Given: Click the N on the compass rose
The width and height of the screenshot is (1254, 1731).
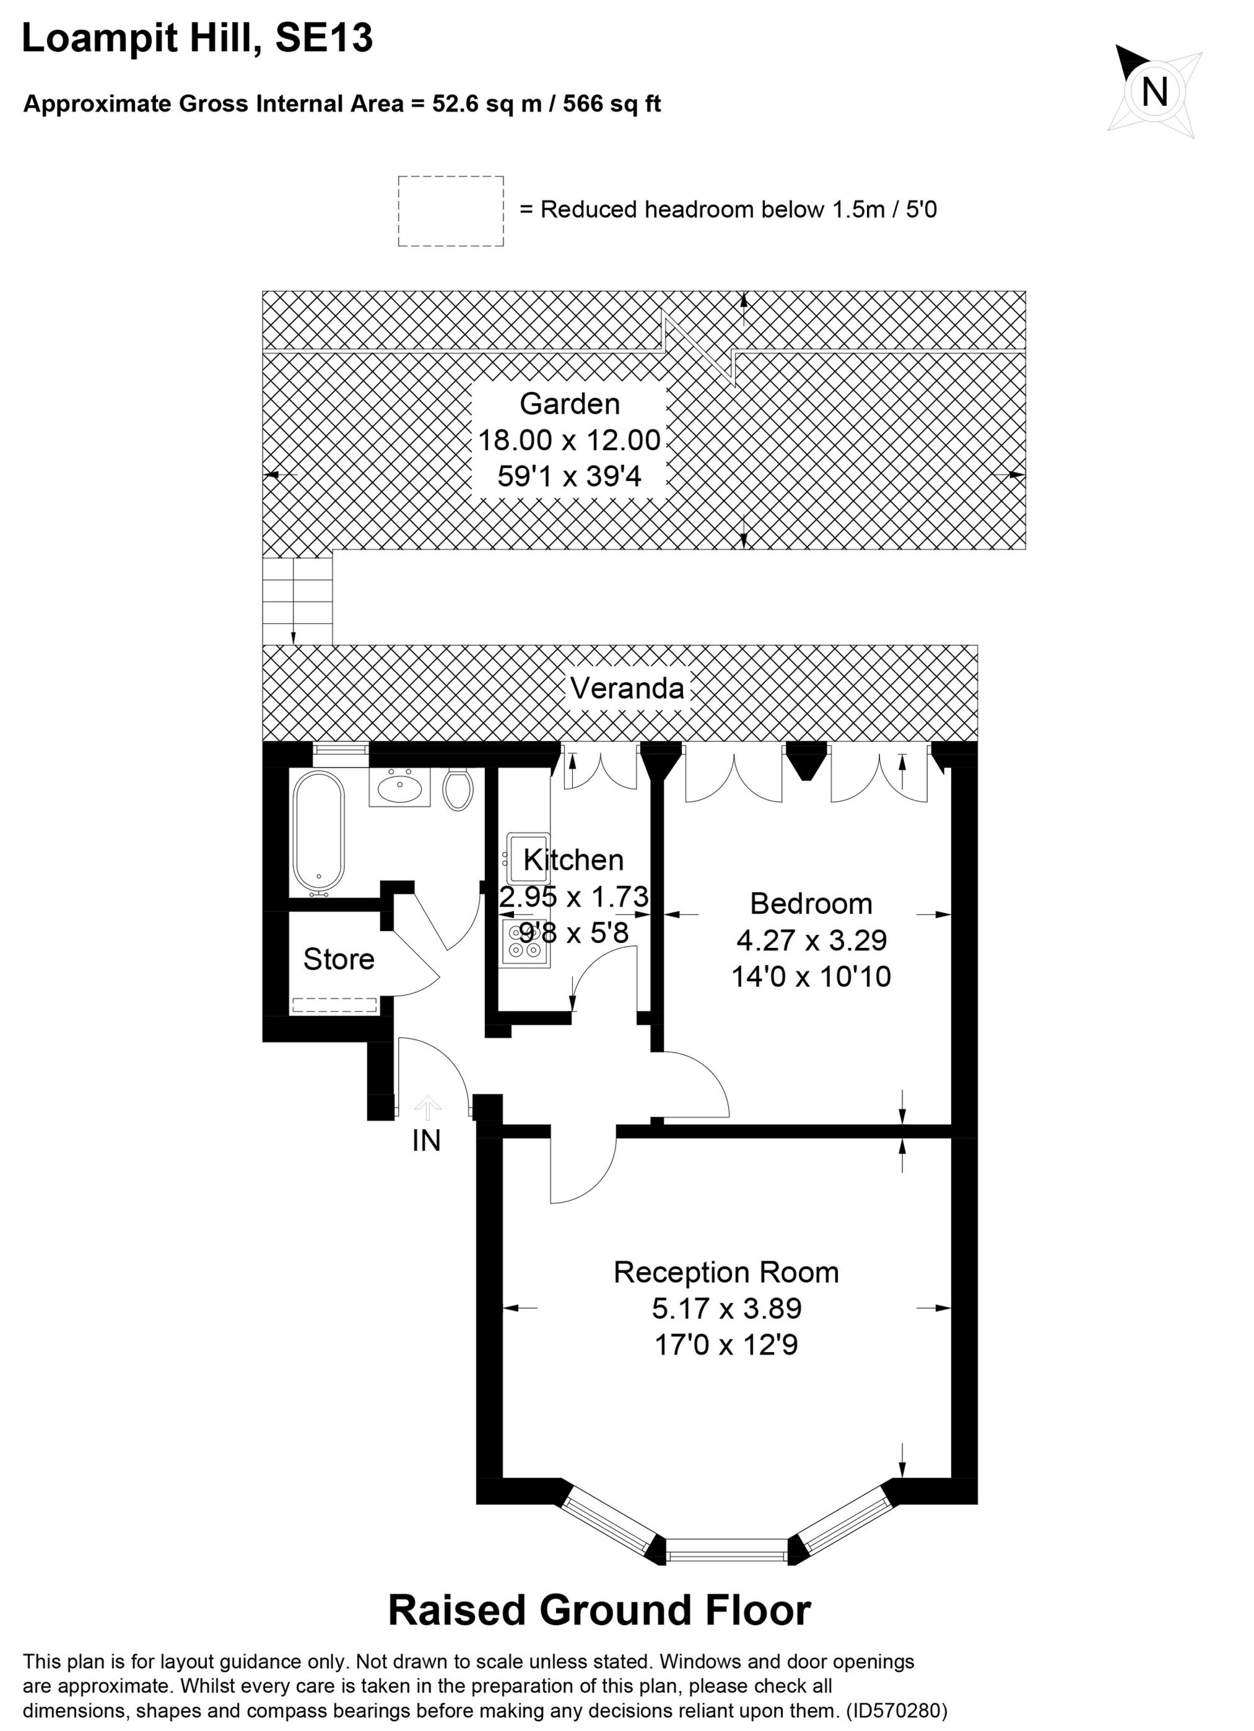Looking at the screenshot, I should point(1155,92).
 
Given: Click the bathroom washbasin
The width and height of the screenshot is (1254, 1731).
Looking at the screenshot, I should point(399,786).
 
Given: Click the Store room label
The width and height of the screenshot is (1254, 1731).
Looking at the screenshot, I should point(338,960).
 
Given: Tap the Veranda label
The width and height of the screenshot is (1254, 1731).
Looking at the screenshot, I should point(627,688).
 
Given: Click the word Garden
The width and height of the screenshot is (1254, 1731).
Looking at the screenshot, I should point(569,403).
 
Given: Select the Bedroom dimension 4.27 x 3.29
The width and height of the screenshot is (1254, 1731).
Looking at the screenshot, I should point(811,940).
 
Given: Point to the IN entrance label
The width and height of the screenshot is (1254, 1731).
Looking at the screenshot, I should point(426,1140).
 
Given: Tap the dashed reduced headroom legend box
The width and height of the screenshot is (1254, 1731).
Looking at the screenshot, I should point(450,210).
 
